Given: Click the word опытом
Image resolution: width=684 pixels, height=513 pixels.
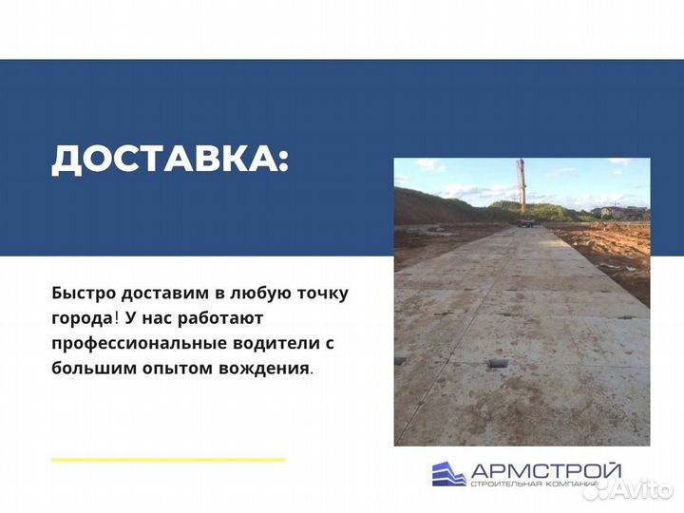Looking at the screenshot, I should pyautogui.click(x=173, y=366).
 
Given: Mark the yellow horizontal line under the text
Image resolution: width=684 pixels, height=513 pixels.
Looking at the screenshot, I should pyautogui.click(x=168, y=460).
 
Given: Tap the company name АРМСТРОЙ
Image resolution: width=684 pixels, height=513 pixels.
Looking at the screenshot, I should pyautogui.click(x=546, y=469).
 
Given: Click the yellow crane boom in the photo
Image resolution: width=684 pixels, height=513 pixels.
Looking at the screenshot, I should pyautogui.click(x=521, y=186).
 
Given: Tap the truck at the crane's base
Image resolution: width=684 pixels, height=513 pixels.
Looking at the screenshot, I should pyautogui.click(x=523, y=221).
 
